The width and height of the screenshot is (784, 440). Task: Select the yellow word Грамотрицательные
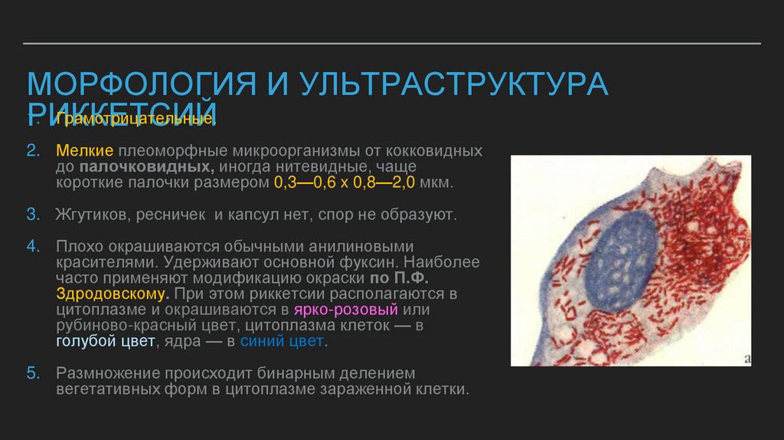(135, 120)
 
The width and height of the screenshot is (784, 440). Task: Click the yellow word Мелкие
(84, 150)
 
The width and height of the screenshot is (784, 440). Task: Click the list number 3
(32, 215)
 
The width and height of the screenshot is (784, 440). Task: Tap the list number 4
(32, 247)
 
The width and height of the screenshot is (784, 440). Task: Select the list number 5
(32, 373)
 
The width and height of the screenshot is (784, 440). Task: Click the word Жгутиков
(92, 215)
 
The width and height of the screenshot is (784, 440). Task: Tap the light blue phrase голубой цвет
(105, 342)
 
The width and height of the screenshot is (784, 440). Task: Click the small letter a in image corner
(746, 357)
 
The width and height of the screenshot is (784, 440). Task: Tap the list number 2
(32, 150)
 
